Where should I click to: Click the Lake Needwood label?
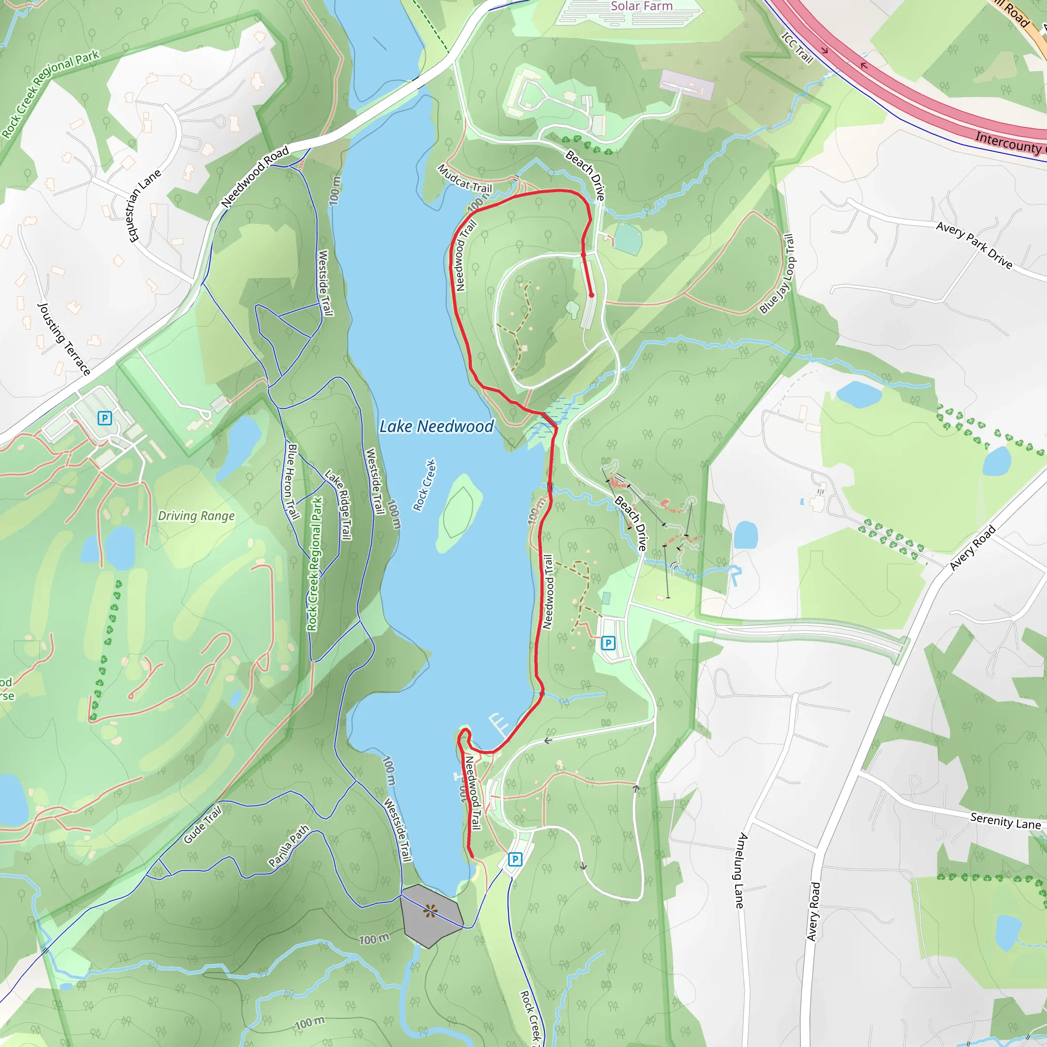[436, 427]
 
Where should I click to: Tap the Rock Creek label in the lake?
[424, 485]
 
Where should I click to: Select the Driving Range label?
[196, 516]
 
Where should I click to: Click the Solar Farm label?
[642, 7]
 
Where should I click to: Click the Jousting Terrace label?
[63, 339]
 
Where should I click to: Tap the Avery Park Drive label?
[974, 245]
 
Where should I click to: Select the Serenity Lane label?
[1005, 821]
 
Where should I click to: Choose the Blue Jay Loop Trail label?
[777, 274]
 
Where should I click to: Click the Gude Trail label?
[202, 825]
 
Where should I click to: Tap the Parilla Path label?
[289, 846]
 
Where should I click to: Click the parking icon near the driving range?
[105, 418]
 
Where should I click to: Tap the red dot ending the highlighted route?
[591, 295]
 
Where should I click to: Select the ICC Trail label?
[797, 48]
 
